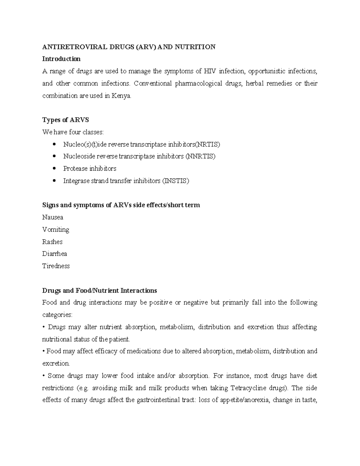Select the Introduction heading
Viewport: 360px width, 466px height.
coord(61,59)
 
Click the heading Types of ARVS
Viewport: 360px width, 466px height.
coord(65,120)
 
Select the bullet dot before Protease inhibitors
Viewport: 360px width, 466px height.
coord(54,169)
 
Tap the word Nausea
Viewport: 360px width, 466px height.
coord(52,217)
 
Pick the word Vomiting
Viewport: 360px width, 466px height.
coord(56,230)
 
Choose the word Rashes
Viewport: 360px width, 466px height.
coord(52,242)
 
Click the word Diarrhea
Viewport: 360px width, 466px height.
coord(55,254)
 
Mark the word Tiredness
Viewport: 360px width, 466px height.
coord(56,266)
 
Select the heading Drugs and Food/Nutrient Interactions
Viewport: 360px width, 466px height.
coord(99,291)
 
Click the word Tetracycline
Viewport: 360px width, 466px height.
coord(249,388)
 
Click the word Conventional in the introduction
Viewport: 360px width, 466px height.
coord(153,84)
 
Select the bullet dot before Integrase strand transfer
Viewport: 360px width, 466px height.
coord(54,181)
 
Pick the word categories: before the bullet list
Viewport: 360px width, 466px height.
coord(57,315)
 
